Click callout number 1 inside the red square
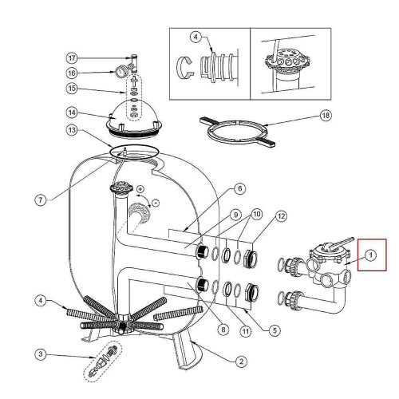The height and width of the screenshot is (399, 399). tap(370, 255)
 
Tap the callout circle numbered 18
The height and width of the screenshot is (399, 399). tap(326, 116)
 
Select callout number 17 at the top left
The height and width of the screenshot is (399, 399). tap(72, 58)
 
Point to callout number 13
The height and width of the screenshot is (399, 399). tap(72, 130)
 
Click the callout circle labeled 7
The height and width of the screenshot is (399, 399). tap(41, 199)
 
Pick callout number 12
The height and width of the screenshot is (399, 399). tap(281, 216)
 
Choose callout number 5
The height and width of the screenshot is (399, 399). tap(275, 330)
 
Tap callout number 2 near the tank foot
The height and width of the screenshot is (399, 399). tap(241, 361)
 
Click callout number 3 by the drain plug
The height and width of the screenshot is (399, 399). tap(41, 354)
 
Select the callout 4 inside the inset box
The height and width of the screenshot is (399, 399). tap(196, 37)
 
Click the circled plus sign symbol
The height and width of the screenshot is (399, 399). tap(140, 189)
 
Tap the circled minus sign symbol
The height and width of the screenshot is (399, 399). tap(156, 203)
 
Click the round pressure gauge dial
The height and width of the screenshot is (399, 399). tap(120, 72)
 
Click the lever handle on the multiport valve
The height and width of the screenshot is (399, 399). tap(341, 243)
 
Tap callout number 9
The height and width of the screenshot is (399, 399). tap(235, 215)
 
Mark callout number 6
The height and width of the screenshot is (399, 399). tap(239, 188)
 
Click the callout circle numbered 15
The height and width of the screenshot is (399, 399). tap(72, 89)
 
